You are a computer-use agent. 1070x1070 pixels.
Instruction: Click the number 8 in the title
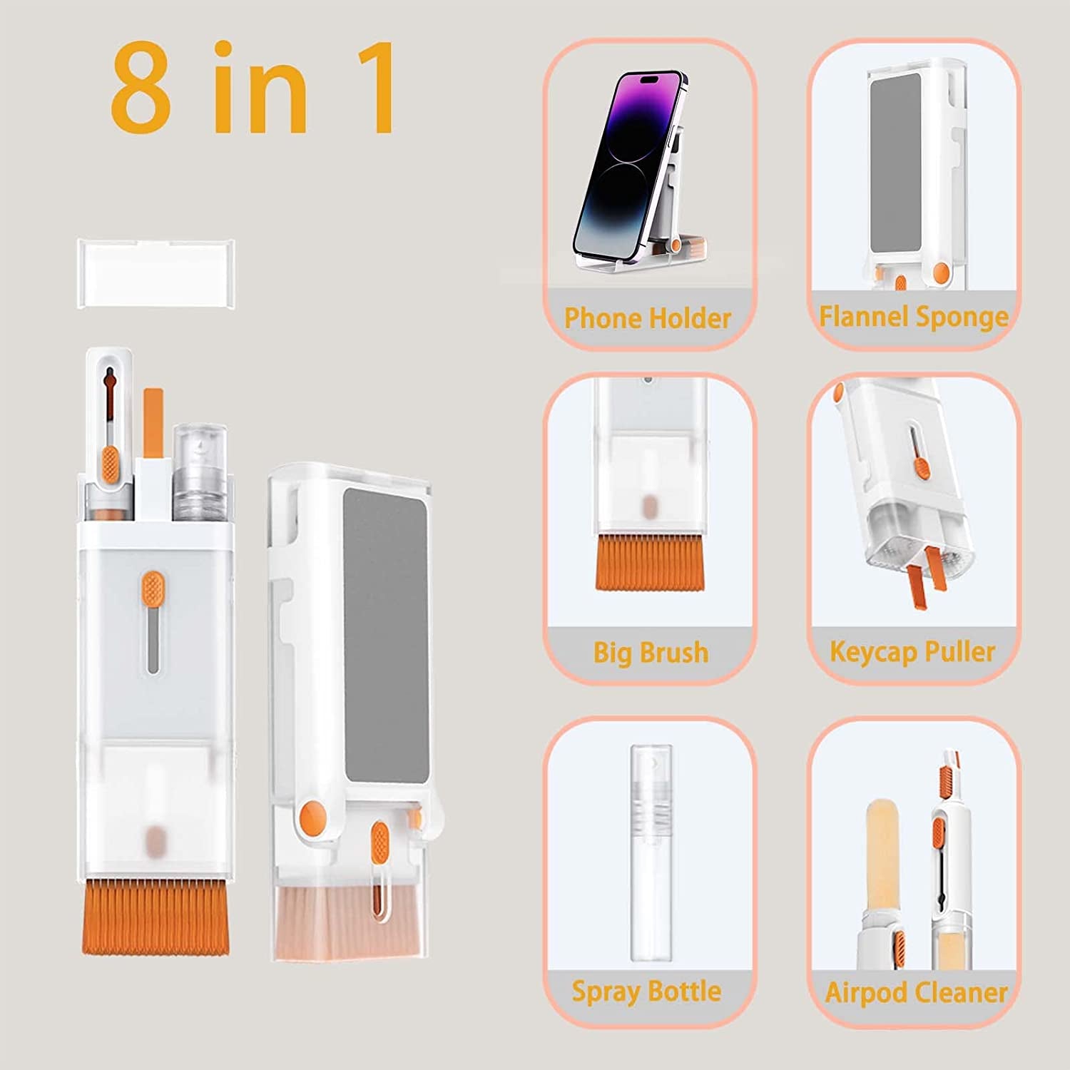click(x=141, y=88)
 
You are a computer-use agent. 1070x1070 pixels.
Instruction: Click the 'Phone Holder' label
click(x=648, y=318)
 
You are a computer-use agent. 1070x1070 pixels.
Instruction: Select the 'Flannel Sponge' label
click(x=914, y=316)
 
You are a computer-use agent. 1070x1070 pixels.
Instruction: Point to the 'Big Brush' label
click(x=651, y=653)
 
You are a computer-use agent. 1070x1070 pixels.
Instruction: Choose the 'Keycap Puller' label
click(x=912, y=651)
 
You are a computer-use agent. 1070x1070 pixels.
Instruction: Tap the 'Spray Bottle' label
click(x=646, y=992)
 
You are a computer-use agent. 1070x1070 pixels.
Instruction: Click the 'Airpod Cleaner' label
click(x=916, y=992)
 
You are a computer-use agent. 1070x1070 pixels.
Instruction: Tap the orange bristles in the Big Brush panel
click(x=649, y=564)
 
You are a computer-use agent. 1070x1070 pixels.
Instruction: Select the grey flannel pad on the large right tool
click(x=386, y=635)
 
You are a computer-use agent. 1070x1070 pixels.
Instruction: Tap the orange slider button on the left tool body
click(x=152, y=587)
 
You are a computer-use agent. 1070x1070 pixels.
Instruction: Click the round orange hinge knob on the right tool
click(x=313, y=813)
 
